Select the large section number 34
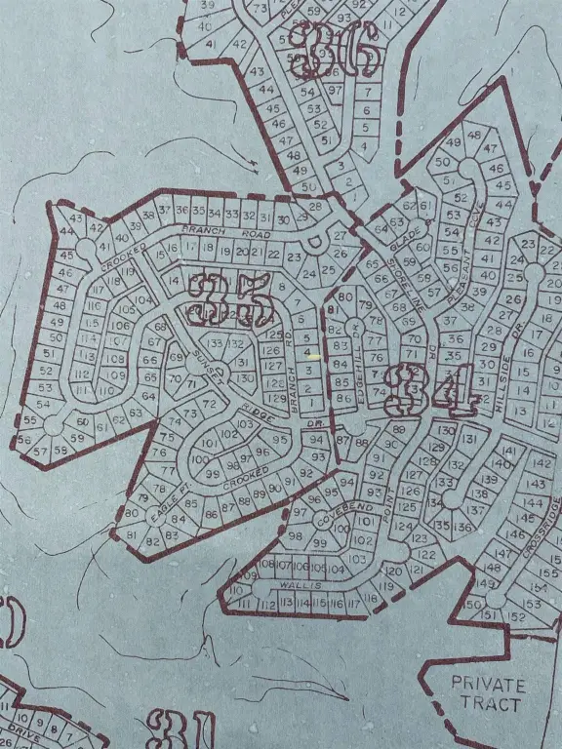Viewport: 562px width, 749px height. coord(429,388)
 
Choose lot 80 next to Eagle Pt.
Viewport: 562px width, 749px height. coord(131,513)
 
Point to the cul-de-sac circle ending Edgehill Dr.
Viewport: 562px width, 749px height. coord(355,425)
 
